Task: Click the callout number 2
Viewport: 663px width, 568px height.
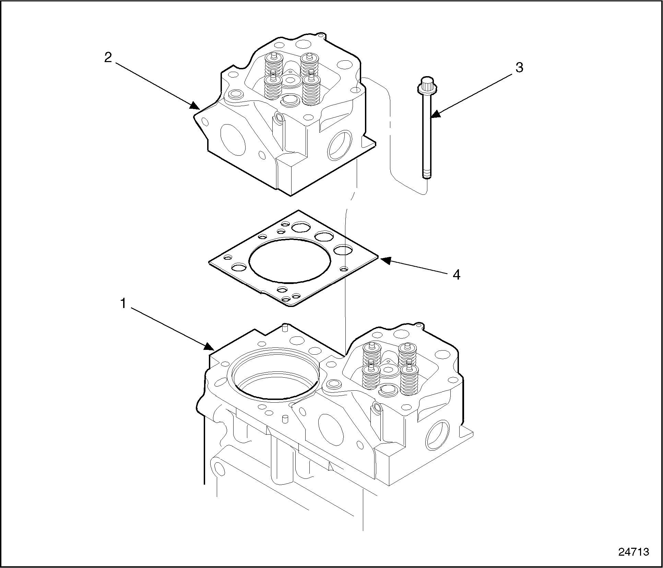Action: tap(108, 58)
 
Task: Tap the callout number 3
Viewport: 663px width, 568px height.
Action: tap(519, 68)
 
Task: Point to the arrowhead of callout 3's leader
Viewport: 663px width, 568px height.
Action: tap(435, 114)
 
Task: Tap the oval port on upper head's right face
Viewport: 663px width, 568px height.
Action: tap(340, 145)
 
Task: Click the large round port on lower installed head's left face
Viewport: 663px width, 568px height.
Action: tap(331, 430)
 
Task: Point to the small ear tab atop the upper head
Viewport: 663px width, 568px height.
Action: tap(321, 35)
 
